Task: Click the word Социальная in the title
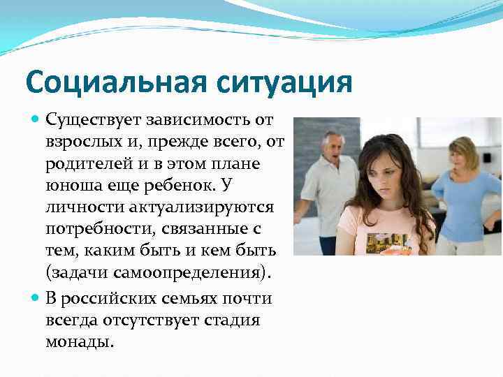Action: coord(114,82)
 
